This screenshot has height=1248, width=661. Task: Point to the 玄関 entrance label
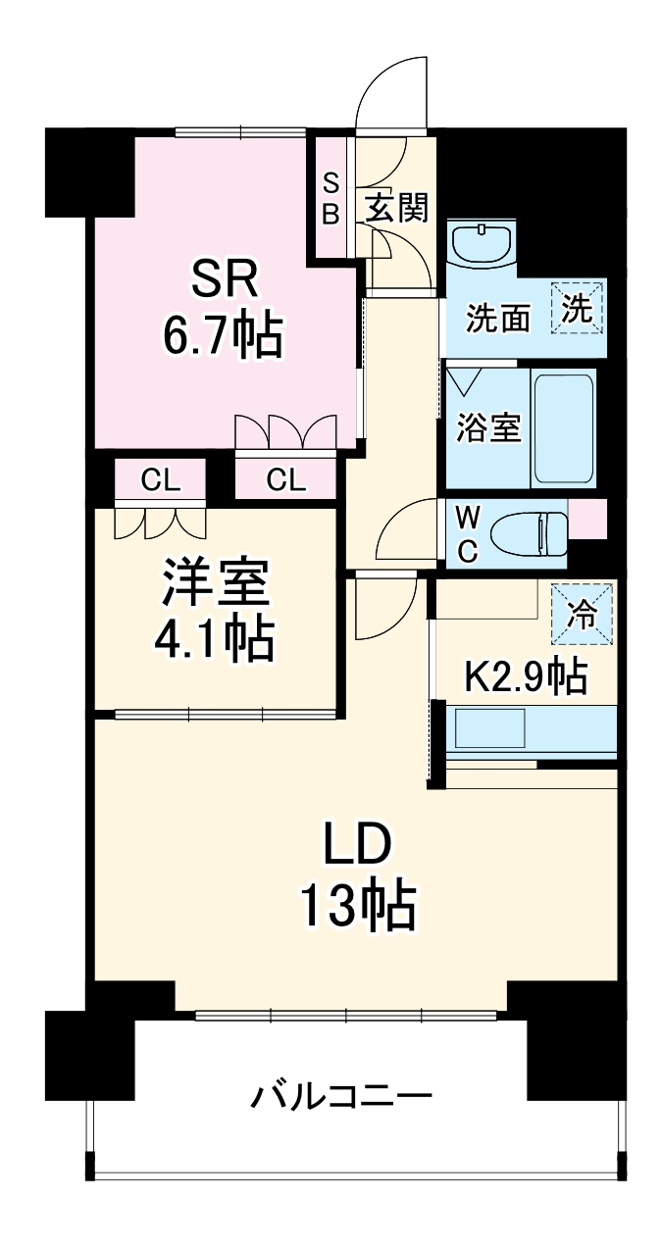tap(397, 207)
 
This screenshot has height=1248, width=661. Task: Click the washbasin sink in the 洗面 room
tap(482, 243)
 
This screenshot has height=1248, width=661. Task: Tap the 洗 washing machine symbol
tap(578, 309)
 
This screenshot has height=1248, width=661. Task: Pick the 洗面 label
tap(498, 319)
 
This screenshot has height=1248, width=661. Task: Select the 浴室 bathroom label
tap(487, 428)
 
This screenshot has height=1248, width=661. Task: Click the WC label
tap(467, 535)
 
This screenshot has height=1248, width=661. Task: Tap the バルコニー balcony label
tap(340, 1094)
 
